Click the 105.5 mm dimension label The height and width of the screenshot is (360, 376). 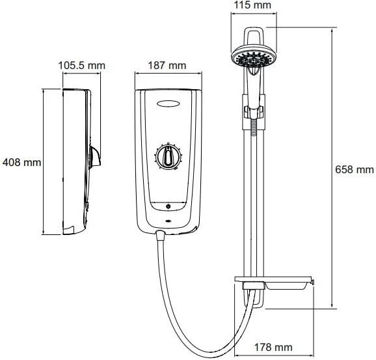82,66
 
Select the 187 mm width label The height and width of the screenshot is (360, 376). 167,66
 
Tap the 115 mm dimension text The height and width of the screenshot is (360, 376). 252,5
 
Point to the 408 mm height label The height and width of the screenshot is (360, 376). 21,163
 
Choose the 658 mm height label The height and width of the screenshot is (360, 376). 354,170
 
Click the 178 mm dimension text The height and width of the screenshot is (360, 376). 273,347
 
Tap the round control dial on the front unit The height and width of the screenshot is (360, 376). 168,157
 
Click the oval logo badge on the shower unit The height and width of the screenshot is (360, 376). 168,104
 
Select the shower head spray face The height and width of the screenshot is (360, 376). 254,57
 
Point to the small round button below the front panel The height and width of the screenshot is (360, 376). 168,206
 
